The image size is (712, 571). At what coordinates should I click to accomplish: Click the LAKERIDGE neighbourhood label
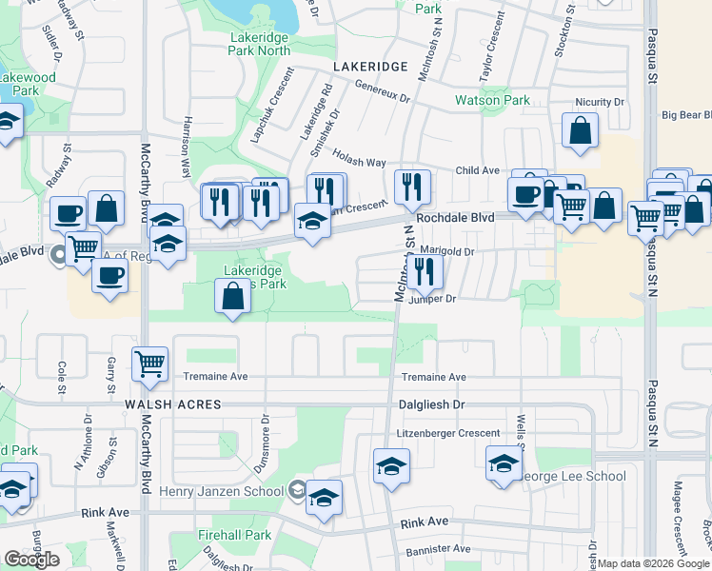(371, 66)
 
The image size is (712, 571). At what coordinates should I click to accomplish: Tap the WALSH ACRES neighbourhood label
(172, 404)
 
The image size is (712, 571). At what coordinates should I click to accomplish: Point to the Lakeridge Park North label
(259, 43)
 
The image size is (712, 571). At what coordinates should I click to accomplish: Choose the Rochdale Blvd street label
(456, 217)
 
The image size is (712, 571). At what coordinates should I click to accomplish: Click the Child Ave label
(478, 170)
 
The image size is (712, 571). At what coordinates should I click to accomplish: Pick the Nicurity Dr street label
(600, 102)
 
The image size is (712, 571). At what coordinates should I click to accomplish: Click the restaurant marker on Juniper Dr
(425, 273)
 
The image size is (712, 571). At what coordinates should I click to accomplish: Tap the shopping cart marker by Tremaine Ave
(150, 364)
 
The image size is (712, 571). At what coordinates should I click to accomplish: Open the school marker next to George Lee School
(504, 463)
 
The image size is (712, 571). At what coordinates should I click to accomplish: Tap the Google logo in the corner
(32, 560)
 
